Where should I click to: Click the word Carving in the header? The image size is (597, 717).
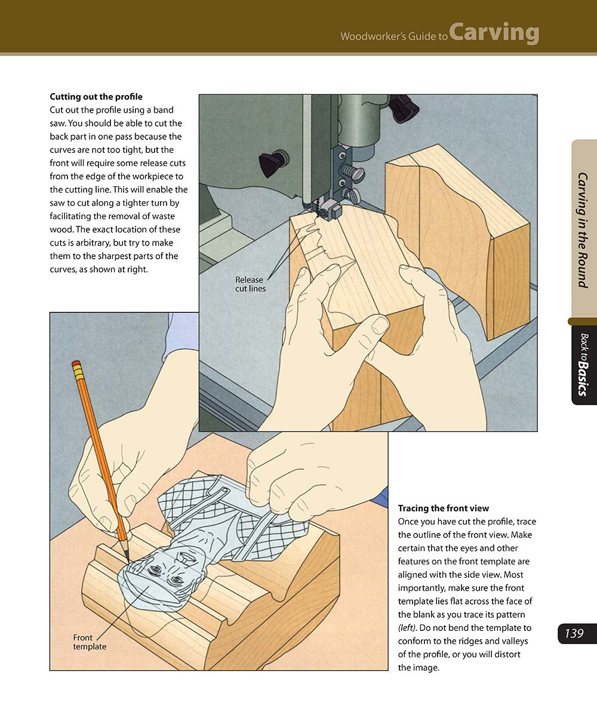(494, 33)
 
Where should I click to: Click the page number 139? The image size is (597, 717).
(574, 633)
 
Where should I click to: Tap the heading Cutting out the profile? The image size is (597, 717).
(96, 96)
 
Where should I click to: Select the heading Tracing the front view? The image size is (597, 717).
(444, 508)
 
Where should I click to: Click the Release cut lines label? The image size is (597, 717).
(250, 284)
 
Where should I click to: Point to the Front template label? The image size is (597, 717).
(90, 642)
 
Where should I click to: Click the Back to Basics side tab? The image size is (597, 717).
(584, 364)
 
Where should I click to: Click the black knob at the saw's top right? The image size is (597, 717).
(405, 108)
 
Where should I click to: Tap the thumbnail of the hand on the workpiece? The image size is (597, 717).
(379, 325)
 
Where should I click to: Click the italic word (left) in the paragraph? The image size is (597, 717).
(407, 627)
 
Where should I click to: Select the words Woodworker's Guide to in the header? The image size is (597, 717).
(394, 36)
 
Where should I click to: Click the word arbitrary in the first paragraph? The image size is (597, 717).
(93, 243)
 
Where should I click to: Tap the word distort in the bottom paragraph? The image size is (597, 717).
(508, 654)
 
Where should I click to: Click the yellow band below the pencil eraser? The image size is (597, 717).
(78, 372)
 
